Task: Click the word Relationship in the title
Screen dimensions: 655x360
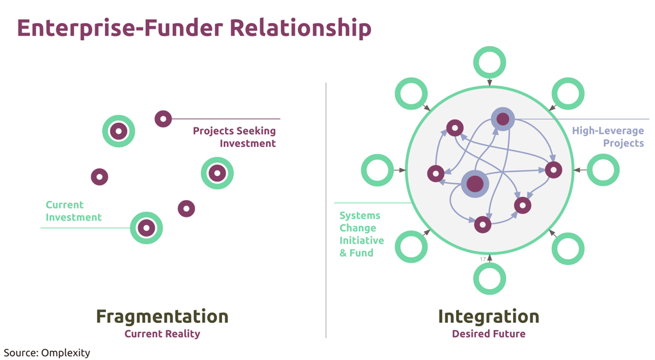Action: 301,28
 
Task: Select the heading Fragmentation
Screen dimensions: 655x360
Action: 162,316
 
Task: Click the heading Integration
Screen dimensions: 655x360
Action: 488,316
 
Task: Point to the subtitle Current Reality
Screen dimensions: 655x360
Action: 162,334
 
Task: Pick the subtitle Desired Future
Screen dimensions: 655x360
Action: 489,334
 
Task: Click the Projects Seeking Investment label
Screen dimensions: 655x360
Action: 234,137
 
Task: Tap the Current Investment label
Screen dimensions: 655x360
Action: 74,211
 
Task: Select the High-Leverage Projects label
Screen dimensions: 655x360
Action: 608,137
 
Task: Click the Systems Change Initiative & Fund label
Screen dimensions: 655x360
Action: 361,234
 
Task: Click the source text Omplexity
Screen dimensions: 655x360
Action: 66,353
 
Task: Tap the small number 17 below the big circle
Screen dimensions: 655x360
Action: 482,260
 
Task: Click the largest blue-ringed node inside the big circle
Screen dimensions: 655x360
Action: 475,184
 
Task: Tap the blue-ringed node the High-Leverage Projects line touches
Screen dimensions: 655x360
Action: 503,119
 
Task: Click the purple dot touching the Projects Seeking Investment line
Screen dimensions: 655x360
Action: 163,119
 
